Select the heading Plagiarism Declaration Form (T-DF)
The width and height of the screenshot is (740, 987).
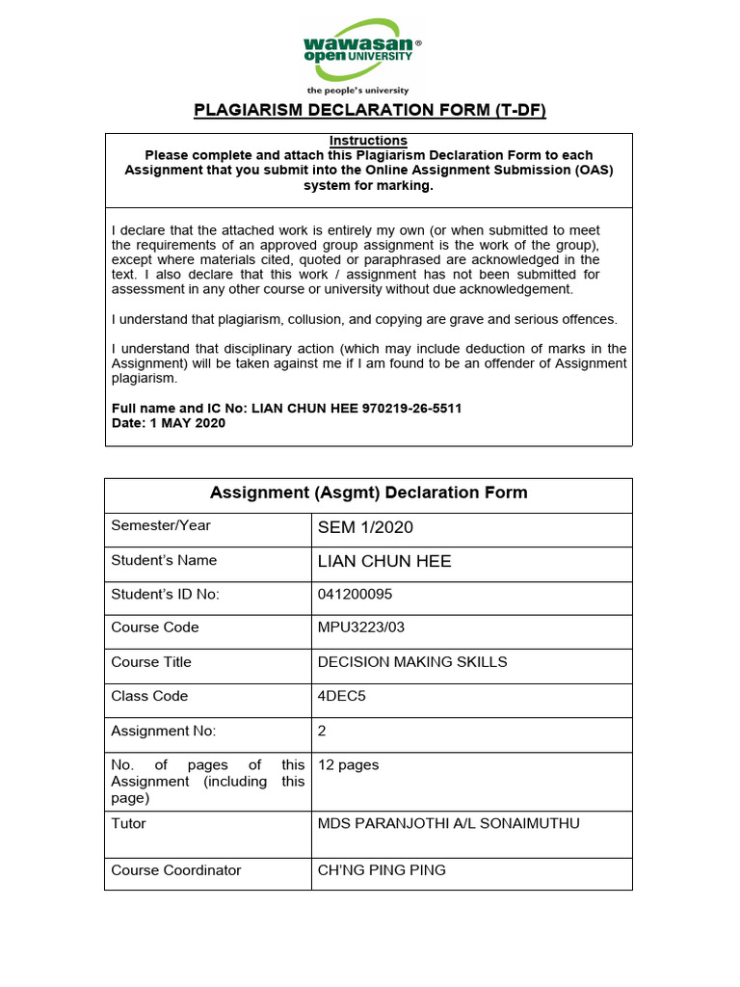(x=369, y=110)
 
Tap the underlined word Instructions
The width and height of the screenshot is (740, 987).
(x=368, y=141)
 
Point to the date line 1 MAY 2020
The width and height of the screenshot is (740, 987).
(x=170, y=423)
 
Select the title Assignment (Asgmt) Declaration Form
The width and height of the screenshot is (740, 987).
(x=368, y=493)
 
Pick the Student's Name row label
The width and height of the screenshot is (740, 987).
(x=164, y=560)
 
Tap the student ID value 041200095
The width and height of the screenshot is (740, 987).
(x=355, y=594)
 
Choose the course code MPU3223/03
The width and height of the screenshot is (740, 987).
(x=361, y=627)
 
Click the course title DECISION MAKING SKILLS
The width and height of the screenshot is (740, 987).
(x=412, y=662)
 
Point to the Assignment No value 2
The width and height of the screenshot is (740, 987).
(x=322, y=731)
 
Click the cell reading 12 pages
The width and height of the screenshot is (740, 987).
(x=348, y=765)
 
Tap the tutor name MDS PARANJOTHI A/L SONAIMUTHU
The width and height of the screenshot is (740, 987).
(x=449, y=824)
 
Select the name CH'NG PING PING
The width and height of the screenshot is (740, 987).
(x=382, y=870)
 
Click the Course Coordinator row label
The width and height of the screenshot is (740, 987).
(x=175, y=870)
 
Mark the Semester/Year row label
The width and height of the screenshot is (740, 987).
(x=160, y=525)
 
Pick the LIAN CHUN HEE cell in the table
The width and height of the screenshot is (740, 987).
(x=383, y=561)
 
